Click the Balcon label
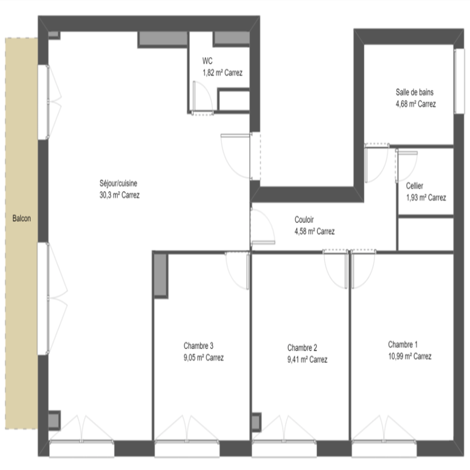[21, 218]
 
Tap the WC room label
[207, 61]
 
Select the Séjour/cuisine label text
[118, 183]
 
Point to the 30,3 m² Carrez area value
[119, 195]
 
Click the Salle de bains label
[414, 92]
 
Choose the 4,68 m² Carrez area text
[416, 104]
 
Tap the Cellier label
[414, 186]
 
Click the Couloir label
[304, 219]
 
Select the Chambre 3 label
[198, 346]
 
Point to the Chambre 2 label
[302, 348]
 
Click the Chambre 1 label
[403, 344]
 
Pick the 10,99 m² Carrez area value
[410, 356]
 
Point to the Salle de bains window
[459, 81]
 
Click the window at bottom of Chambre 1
[384, 449]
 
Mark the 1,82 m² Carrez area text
[222, 73]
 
